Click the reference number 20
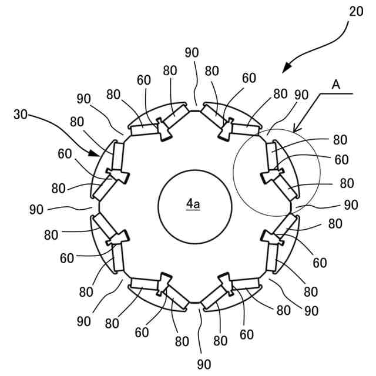(x=355, y=12)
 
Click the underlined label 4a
(x=193, y=204)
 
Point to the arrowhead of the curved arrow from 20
(x=285, y=70)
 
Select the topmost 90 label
(x=192, y=52)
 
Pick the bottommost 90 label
(x=203, y=364)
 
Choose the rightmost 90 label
(x=351, y=205)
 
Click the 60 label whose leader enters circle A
(x=341, y=159)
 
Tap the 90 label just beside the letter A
(x=301, y=95)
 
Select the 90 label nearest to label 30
(x=83, y=98)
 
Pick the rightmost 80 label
(x=347, y=183)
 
